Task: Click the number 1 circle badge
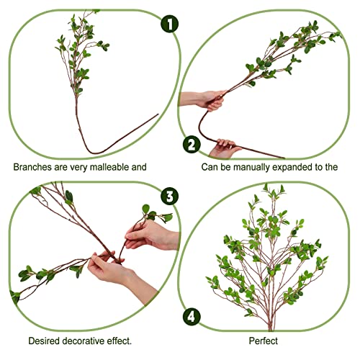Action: [169, 24]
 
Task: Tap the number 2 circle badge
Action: [191, 144]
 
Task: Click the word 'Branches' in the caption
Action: [32, 167]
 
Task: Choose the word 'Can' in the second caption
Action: [210, 167]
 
